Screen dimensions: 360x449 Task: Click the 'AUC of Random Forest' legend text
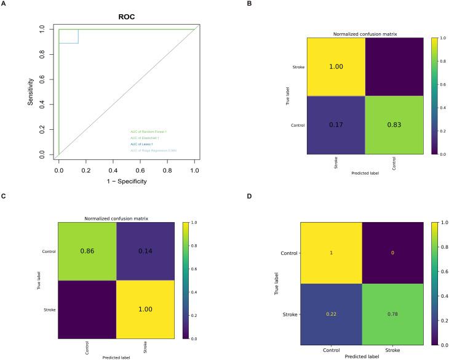(x=146, y=131)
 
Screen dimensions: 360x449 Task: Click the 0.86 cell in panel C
(x=87, y=251)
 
